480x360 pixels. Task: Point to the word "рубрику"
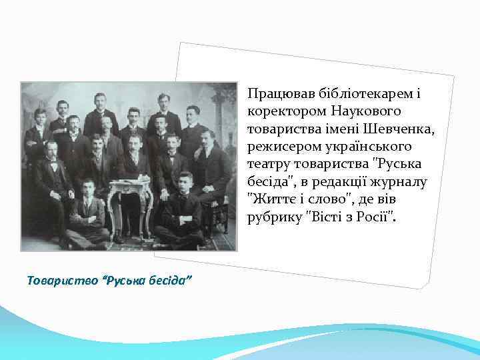(x=273, y=215)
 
